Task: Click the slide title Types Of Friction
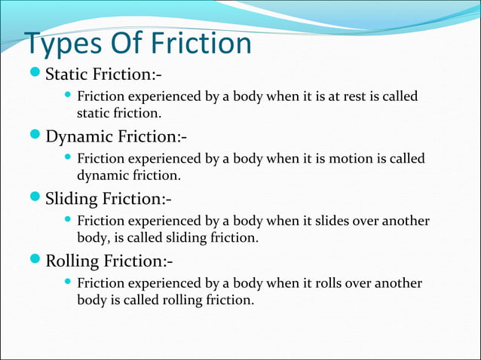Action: [x=138, y=44]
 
